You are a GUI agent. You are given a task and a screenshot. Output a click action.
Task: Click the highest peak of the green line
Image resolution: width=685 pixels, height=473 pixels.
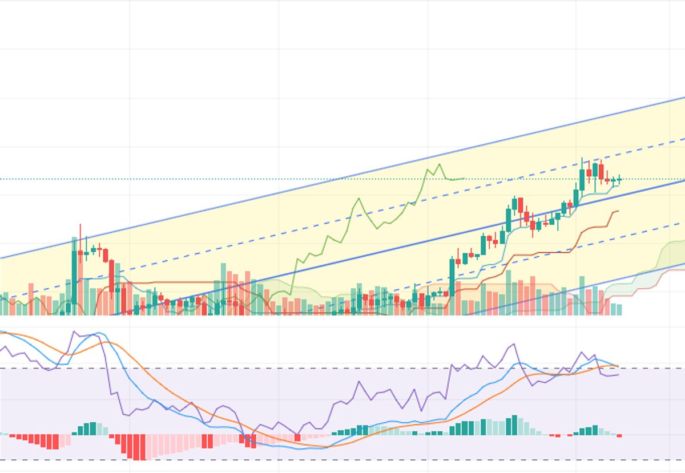[x=439, y=165]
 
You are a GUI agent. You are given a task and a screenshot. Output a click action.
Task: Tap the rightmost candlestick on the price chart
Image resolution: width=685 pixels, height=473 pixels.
[x=619, y=180]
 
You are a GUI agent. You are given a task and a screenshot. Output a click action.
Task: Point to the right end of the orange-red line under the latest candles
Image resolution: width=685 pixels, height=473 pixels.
[x=618, y=211]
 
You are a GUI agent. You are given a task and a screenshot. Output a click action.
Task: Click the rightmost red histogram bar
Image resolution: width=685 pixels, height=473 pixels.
[x=619, y=436]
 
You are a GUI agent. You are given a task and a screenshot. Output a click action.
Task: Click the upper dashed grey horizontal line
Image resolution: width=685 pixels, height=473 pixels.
[x=342, y=369]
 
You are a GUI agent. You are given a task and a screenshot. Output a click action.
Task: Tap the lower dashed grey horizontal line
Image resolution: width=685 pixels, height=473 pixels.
[x=342, y=460]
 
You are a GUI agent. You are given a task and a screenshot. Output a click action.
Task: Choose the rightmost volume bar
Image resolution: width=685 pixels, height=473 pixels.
[x=619, y=309]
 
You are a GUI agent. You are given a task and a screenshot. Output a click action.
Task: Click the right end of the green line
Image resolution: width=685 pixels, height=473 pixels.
[x=464, y=178]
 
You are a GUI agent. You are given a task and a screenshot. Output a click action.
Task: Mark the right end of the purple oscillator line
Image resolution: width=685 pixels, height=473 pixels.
[x=618, y=374]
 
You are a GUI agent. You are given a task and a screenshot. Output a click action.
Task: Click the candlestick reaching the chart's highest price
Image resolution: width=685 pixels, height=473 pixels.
[x=582, y=177]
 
